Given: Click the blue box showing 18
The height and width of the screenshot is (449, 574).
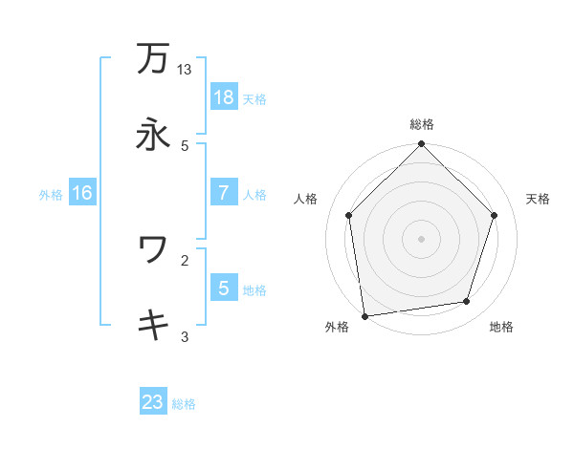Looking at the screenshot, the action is [223, 97].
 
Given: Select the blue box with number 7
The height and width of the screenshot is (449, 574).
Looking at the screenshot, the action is [223, 193].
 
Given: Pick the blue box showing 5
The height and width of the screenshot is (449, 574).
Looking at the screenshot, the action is [223, 288].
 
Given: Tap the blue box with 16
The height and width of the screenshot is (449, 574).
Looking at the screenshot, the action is [82, 193].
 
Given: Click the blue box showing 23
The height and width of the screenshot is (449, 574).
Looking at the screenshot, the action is [153, 402].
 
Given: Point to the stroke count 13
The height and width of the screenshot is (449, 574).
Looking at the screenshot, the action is [185, 70].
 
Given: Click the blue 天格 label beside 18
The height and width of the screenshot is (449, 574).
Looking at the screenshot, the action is [254, 98].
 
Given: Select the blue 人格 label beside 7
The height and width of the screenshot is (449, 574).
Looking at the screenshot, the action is [254, 194].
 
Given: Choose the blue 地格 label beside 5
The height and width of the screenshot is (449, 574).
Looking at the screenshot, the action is [254, 289].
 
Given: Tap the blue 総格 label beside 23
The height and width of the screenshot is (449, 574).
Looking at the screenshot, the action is [184, 403].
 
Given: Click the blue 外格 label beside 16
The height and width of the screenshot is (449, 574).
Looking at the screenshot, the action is [51, 194].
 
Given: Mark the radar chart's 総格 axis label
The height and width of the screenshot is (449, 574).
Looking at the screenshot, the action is [422, 125].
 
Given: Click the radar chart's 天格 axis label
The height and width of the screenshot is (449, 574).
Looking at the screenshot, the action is [538, 199].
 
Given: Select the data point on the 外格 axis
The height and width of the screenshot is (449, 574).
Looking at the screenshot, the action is [364, 315].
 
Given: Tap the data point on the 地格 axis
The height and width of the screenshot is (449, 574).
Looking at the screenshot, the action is [467, 302].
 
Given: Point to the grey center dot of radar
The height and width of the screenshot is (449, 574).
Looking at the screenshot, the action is [422, 238].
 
